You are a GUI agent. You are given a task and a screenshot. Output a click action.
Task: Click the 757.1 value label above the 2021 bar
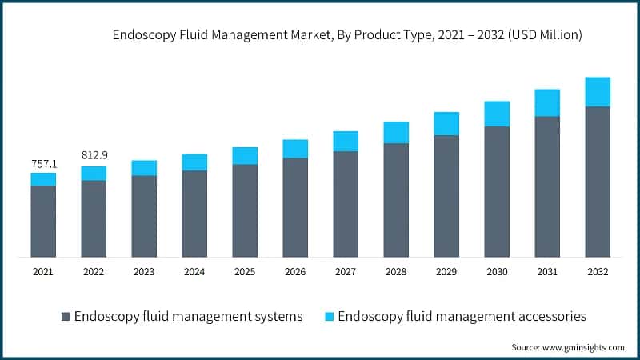pos(43,163)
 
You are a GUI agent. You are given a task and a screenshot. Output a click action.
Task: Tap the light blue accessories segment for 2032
pos(598,92)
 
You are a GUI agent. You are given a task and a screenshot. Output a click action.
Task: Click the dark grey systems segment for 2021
pos(43,221)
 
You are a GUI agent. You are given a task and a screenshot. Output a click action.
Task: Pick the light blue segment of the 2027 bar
pos(346,141)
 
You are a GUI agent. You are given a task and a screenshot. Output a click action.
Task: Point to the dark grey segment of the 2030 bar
pos(497,191)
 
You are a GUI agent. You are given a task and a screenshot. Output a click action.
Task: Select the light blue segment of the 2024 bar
pos(194,162)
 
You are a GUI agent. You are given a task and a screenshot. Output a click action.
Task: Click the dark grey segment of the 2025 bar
pos(245,210)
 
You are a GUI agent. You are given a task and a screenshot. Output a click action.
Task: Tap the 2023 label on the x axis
pos(144,272)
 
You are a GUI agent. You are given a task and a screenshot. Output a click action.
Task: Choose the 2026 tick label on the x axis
pos(295,272)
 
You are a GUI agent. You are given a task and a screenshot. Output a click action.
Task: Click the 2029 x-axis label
pos(446,272)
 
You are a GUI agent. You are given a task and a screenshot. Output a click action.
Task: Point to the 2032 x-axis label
pos(598,272)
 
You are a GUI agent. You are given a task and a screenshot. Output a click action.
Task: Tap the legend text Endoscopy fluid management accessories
pos(462,317)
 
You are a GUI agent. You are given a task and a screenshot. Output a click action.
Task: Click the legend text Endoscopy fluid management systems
pos(188,317)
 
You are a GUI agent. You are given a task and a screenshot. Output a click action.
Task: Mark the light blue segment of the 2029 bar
pos(446,123)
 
